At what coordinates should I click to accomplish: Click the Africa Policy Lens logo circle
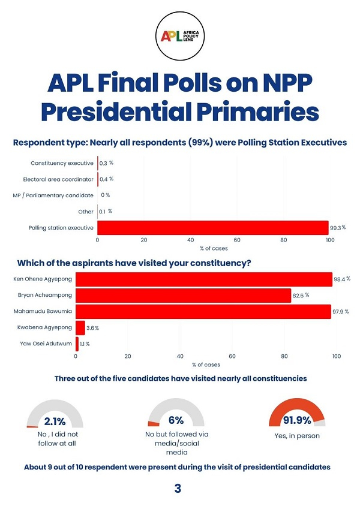tap(181, 37)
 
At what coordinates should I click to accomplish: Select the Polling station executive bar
tap(212, 228)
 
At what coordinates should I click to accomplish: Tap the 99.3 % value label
tap(338, 228)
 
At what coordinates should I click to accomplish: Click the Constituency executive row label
tap(62, 163)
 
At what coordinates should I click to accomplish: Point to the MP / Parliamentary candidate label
tap(53, 195)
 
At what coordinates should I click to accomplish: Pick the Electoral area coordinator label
tap(58, 179)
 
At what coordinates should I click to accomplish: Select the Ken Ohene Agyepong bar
tap(203, 279)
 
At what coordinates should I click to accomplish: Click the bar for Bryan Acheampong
tap(183, 296)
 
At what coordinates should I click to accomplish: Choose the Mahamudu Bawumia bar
tap(203, 312)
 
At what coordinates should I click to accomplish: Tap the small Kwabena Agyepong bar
tap(80, 328)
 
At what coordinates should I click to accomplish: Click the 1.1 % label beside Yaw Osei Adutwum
tap(85, 344)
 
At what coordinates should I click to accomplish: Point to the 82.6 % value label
tap(301, 296)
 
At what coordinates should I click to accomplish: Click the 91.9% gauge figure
tap(297, 421)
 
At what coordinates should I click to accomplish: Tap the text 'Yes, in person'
tap(297, 436)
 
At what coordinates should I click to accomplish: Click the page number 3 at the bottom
tap(178, 489)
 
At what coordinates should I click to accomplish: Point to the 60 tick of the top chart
tap(236, 240)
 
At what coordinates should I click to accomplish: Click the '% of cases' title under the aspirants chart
tap(206, 365)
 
